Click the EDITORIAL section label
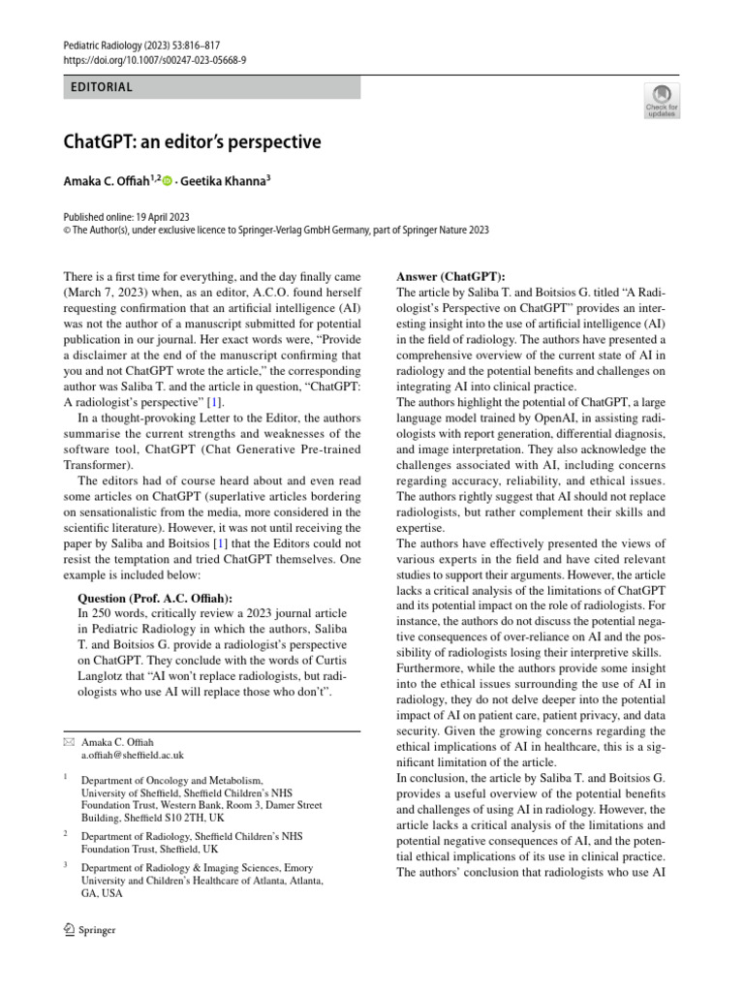point(102,87)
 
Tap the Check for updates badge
point(662,100)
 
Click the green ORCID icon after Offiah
point(168,181)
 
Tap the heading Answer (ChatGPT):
point(450,276)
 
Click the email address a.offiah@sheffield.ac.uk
point(132,754)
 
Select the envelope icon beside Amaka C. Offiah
point(67,741)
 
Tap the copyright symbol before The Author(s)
point(66,231)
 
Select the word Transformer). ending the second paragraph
point(95,464)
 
